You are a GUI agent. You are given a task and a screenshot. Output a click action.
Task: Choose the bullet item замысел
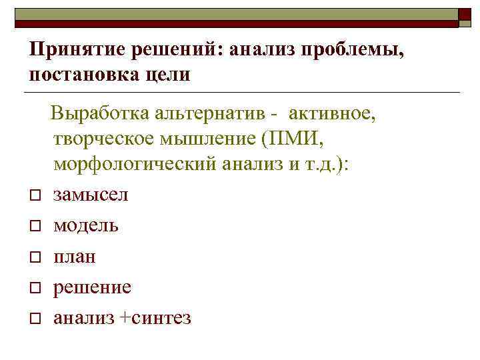tap(91, 195)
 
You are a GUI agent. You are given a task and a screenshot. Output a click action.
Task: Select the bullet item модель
tap(86, 225)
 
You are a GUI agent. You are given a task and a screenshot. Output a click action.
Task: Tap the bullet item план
tap(75, 256)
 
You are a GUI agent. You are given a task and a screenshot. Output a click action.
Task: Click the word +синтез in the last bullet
tap(156, 318)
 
